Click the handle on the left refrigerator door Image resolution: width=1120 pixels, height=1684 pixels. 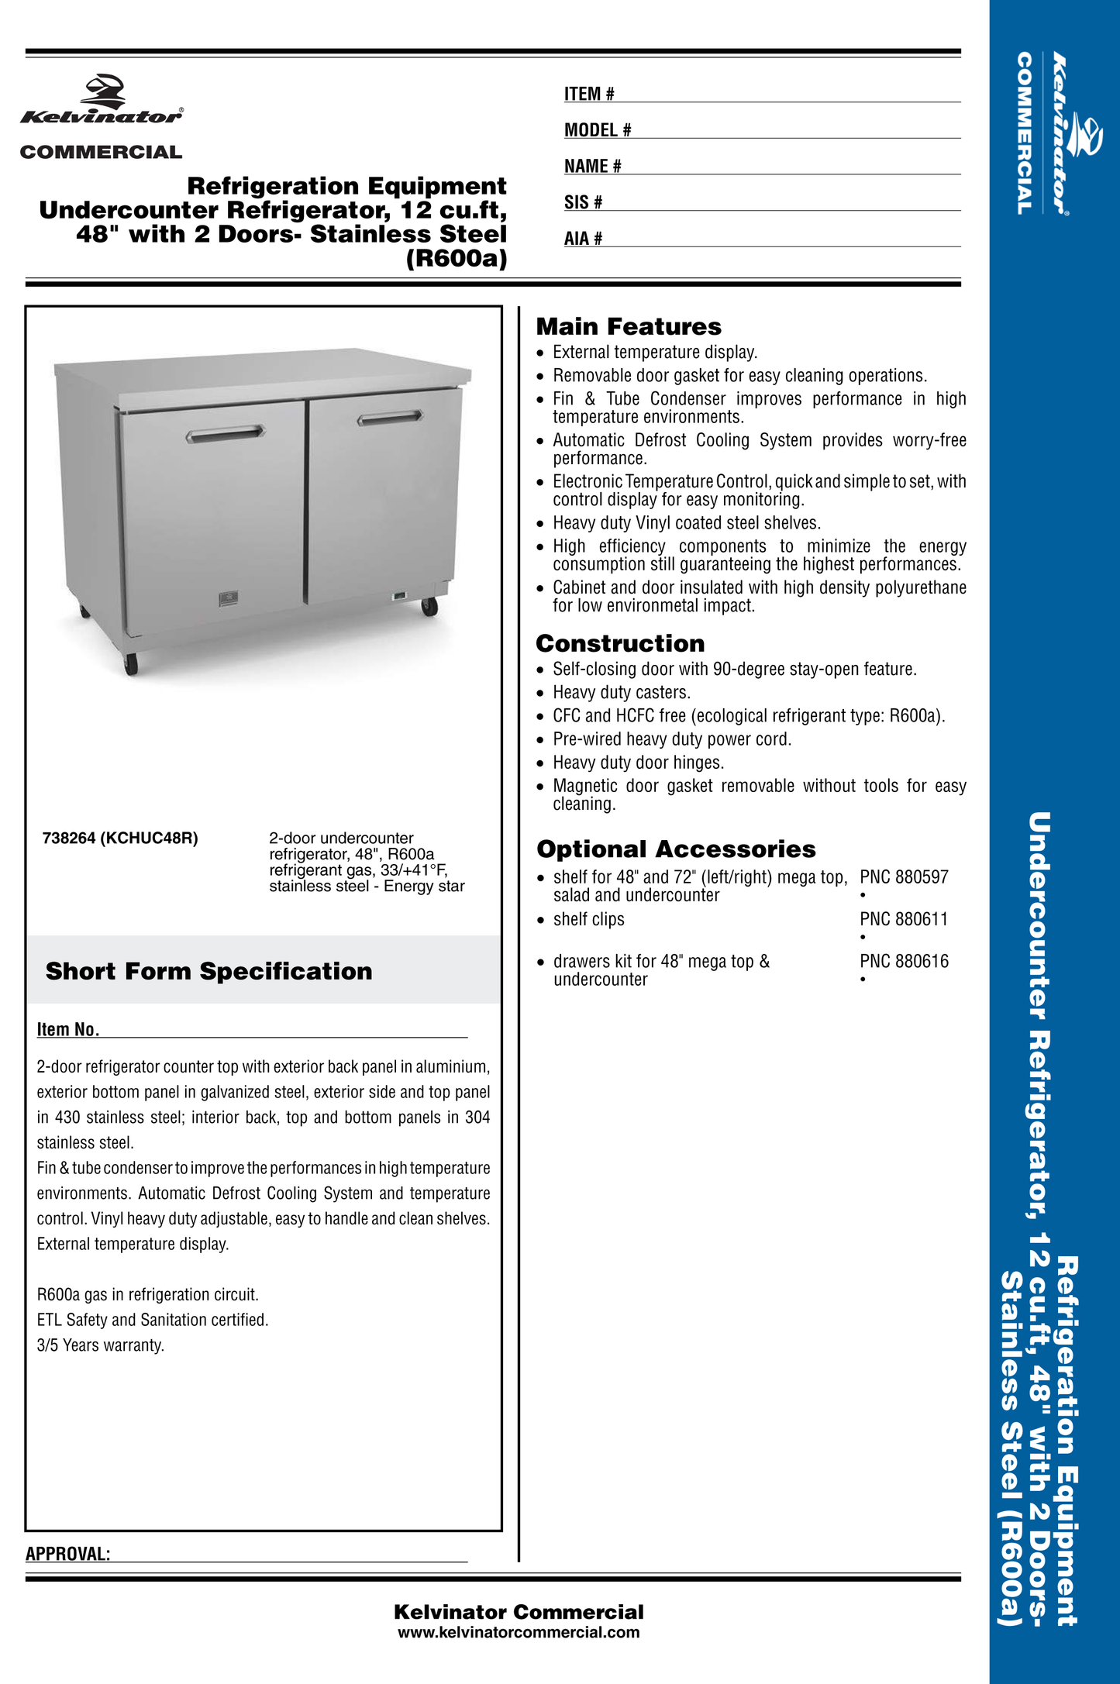click(225, 434)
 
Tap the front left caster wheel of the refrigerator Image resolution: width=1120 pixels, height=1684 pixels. click(131, 663)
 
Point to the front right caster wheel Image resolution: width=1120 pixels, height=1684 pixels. click(429, 606)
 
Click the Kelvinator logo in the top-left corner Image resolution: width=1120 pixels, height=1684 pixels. click(102, 101)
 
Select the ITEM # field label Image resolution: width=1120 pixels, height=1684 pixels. click(589, 94)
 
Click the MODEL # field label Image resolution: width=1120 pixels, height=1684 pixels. click(598, 130)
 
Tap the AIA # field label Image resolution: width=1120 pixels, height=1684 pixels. click(583, 239)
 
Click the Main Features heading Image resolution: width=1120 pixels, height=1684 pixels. click(629, 326)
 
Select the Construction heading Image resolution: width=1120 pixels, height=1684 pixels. click(620, 643)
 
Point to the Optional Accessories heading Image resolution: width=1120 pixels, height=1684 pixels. click(676, 849)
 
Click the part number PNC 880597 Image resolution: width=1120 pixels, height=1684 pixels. click(904, 877)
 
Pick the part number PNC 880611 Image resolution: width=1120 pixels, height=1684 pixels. click(904, 919)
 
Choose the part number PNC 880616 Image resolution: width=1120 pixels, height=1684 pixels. click(904, 961)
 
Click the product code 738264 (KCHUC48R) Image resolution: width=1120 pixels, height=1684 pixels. click(120, 838)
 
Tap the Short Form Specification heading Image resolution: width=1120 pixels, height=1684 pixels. click(208, 971)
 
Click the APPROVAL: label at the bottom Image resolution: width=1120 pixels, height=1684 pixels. click(68, 1554)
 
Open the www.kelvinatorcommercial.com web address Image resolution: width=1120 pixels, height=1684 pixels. click(519, 1632)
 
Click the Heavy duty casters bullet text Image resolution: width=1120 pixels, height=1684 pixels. click(621, 692)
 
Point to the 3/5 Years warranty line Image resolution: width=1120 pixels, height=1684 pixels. click(101, 1345)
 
